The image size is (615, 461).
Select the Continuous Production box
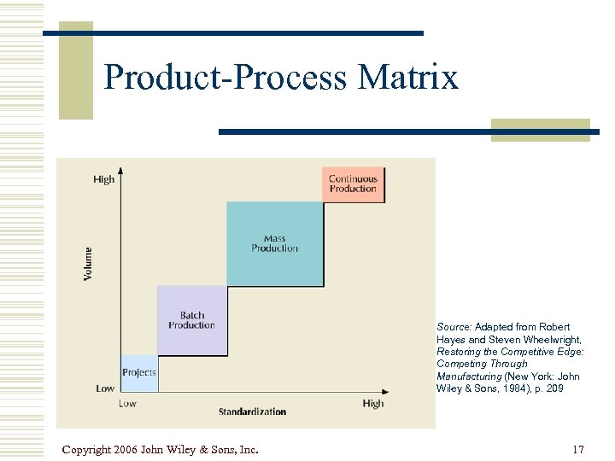click(353, 184)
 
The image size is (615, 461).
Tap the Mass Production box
click(275, 243)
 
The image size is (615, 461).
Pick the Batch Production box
click(192, 320)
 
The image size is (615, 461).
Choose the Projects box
click(139, 372)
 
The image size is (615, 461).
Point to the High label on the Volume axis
click(103, 179)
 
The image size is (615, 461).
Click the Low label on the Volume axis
click(105, 388)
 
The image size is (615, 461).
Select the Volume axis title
click(89, 265)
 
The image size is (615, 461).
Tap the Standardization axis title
click(252, 411)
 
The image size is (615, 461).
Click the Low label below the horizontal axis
click(127, 403)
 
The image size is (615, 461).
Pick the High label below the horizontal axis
click(373, 403)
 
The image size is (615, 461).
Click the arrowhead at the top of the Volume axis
click(121, 174)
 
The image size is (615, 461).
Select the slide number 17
click(578, 449)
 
